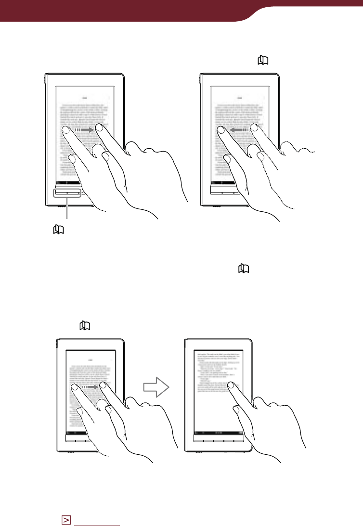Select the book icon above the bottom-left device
coord(85,326)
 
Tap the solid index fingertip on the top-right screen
coord(222,130)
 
